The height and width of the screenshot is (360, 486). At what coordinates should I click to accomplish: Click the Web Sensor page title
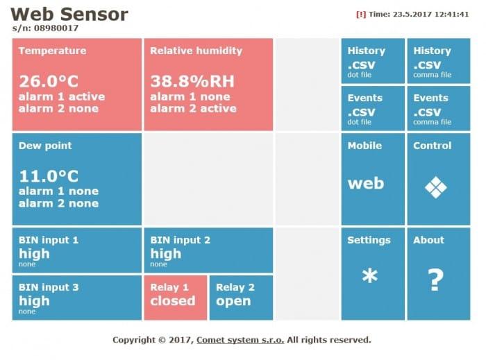[69, 14]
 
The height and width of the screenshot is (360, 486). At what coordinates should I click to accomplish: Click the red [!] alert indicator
[360, 14]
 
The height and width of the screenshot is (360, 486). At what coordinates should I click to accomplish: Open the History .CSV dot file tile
[372, 61]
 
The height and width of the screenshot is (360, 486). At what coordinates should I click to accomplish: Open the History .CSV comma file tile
[438, 61]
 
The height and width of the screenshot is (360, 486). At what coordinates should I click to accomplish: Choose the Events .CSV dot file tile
[372, 108]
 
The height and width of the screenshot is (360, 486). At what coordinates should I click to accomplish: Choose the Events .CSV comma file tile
[438, 108]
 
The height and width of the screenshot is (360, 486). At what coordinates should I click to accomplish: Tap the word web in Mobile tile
[365, 183]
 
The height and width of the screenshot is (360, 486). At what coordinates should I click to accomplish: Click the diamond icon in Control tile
[435, 187]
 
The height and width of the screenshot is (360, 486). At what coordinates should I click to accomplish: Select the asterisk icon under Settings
[370, 276]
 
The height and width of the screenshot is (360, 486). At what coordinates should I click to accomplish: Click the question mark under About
[435, 280]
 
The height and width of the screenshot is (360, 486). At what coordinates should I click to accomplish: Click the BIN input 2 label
[180, 240]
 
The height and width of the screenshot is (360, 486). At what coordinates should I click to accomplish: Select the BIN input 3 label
[49, 287]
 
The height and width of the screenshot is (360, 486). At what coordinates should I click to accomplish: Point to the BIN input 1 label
[49, 240]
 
